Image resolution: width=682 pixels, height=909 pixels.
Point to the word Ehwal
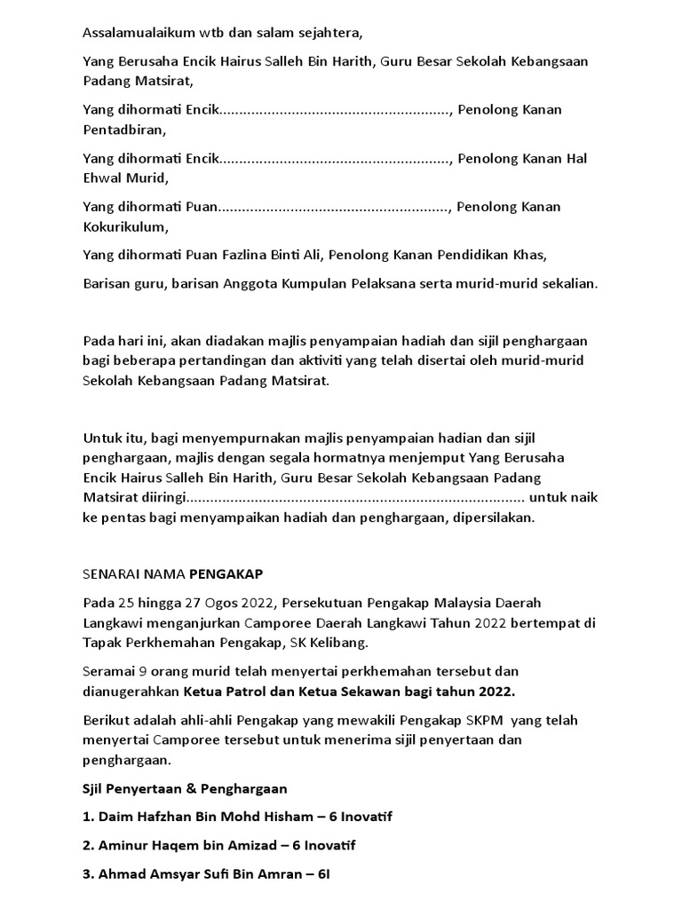click(x=102, y=178)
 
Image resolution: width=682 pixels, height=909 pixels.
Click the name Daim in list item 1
click(x=117, y=817)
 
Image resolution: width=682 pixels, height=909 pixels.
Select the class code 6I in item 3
click(x=320, y=874)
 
